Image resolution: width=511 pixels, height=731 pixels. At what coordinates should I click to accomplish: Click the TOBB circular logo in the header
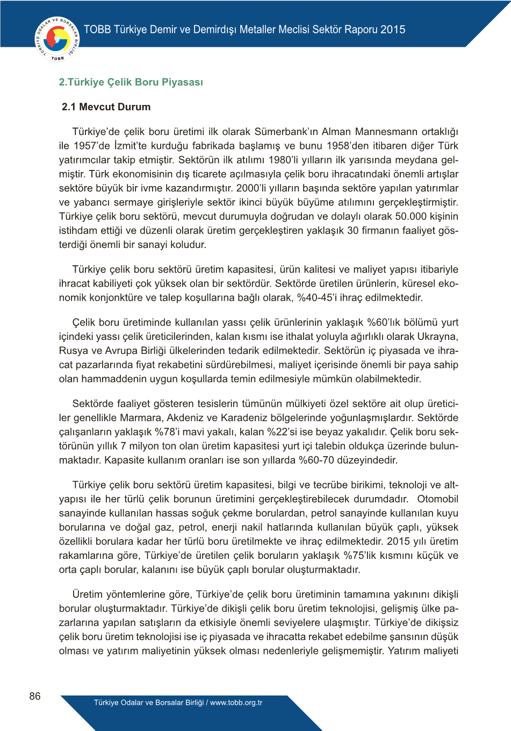point(57,39)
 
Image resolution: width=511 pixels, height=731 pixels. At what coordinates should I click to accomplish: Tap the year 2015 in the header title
point(393,30)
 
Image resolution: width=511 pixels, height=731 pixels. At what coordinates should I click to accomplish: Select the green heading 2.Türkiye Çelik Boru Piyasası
point(131,82)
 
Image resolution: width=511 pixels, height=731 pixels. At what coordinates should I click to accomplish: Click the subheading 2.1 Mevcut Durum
point(106,107)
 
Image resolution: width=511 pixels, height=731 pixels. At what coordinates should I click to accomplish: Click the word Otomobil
point(438,499)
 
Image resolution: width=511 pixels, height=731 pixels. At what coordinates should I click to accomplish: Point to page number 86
point(35,696)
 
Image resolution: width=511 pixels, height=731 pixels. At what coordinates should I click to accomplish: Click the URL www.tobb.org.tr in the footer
point(236,702)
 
